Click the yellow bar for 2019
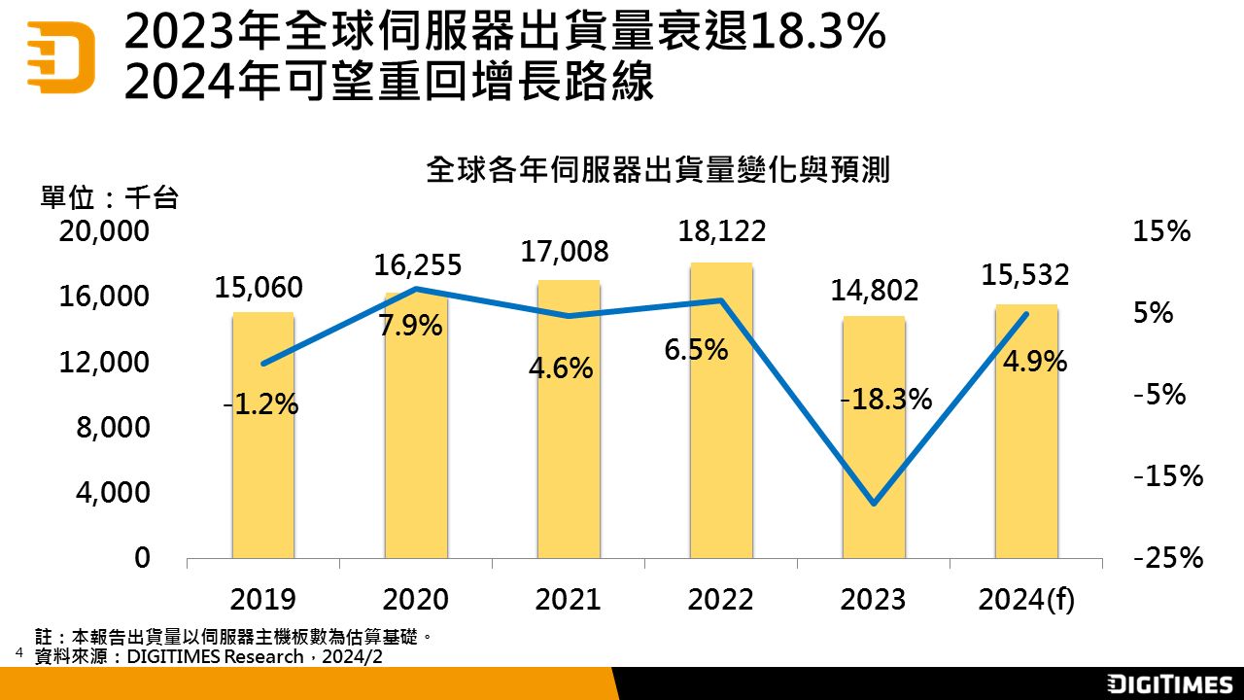(x=263, y=457)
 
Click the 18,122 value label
(x=721, y=231)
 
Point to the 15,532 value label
(x=1025, y=275)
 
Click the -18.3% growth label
(x=886, y=399)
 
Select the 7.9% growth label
(x=410, y=326)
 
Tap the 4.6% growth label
(x=561, y=368)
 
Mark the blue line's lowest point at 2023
(x=874, y=504)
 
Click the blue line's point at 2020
(x=416, y=289)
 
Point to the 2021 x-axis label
(x=568, y=599)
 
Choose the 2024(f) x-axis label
(x=1026, y=599)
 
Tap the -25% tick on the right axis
(x=1168, y=558)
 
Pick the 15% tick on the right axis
(x=1161, y=231)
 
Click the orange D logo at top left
(x=60, y=56)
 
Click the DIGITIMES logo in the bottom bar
(x=1170, y=683)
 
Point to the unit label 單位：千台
(x=109, y=198)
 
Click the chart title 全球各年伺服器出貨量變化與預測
(x=658, y=171)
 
